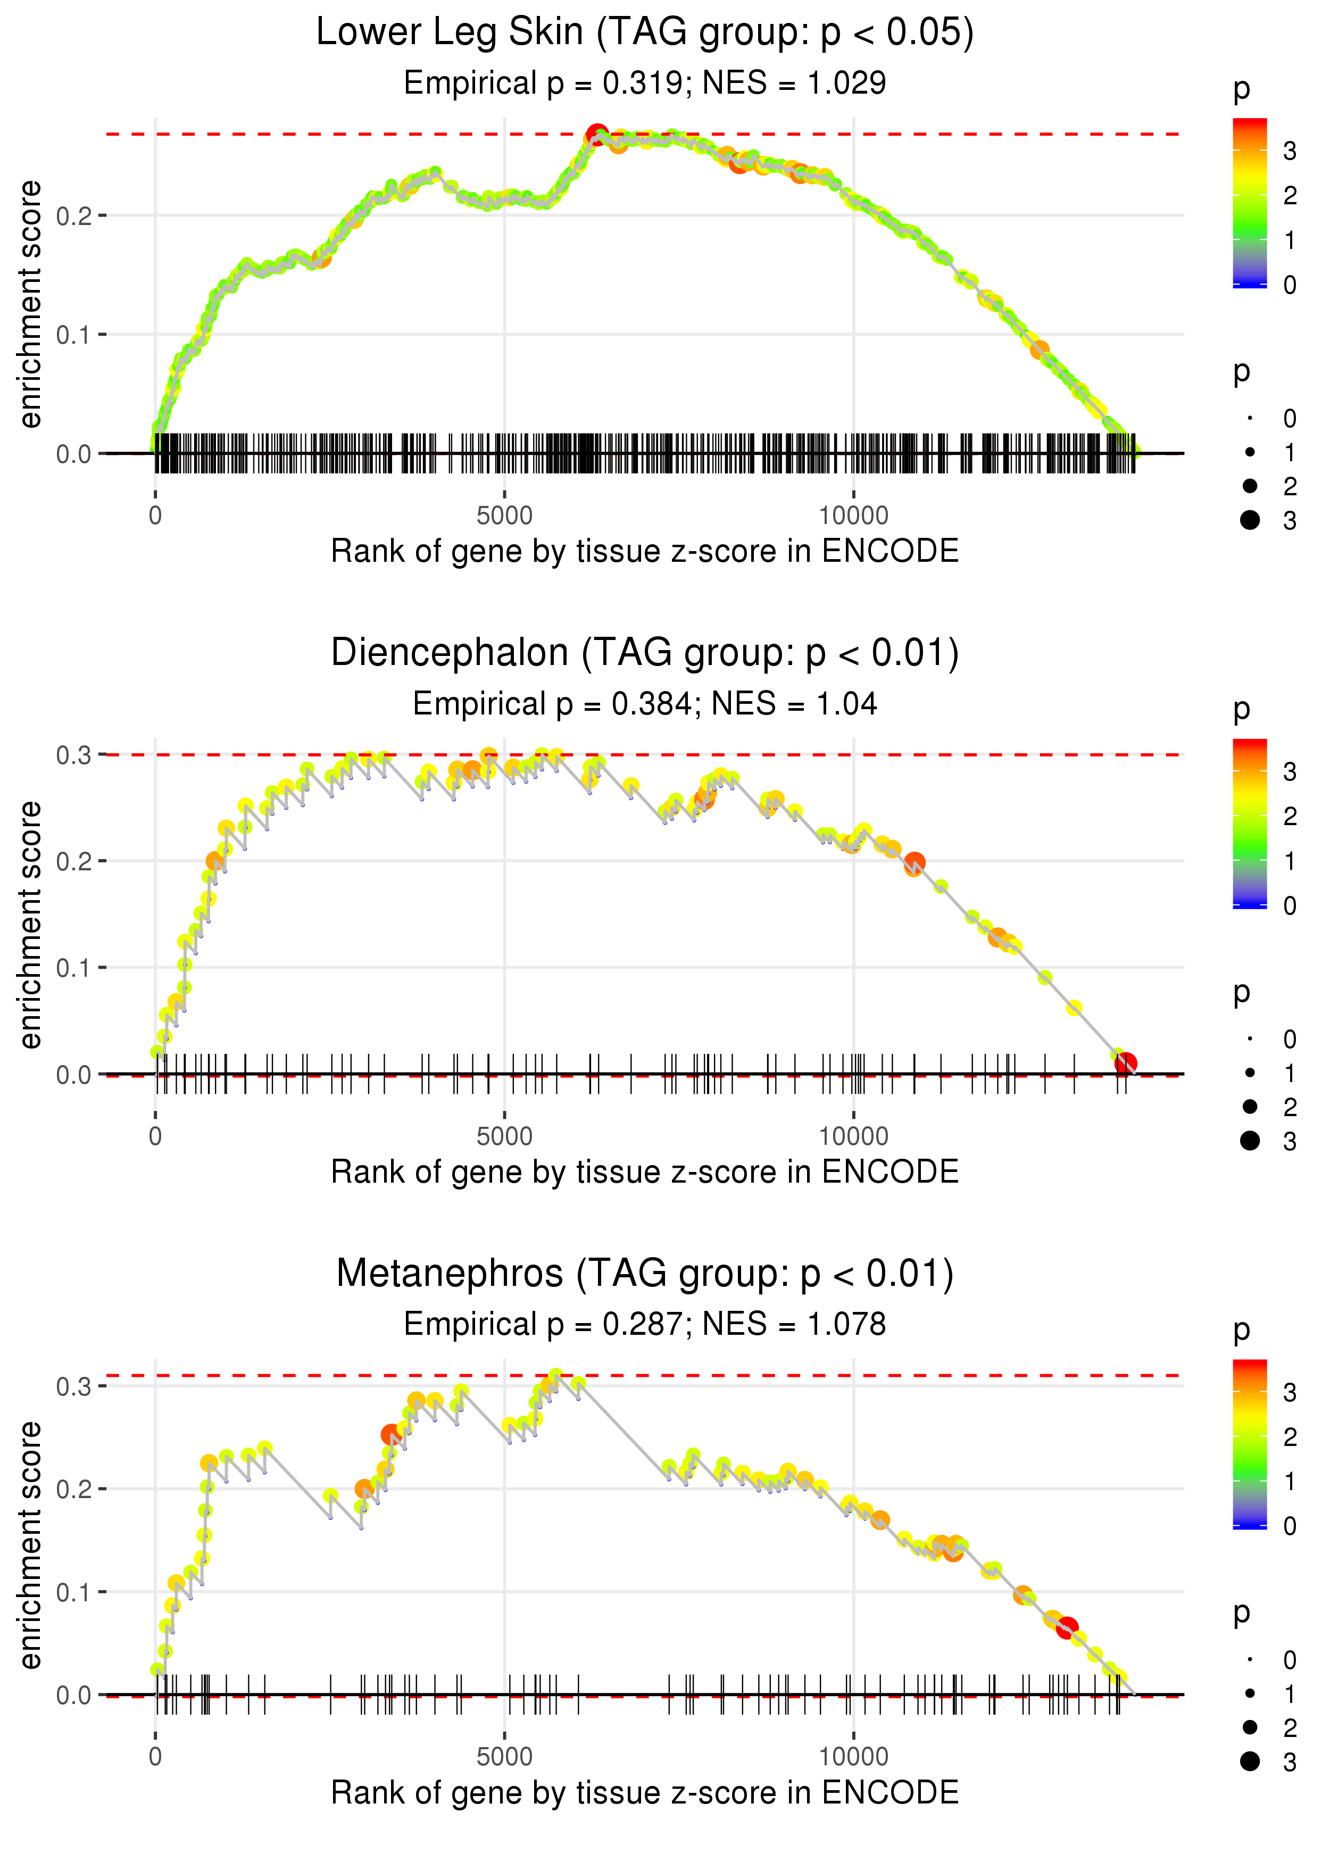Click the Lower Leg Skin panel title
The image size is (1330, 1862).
[645, 33]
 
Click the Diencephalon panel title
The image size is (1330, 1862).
[645, 653]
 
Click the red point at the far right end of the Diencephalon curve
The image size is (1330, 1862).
[1126, 1063]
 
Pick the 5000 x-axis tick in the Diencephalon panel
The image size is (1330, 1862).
[504, 1136]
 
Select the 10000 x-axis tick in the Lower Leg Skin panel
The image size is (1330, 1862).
[853, 516]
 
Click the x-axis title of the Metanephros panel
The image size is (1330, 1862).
[645, 1792]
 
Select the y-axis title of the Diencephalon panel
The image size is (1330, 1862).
[30, 925]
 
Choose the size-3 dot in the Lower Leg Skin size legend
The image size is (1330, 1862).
[1250, 520]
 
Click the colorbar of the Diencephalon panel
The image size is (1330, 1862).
[1250, 823]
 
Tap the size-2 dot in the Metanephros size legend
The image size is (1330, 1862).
[1250, 1727]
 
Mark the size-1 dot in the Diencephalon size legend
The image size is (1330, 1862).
[1250, 1073]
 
